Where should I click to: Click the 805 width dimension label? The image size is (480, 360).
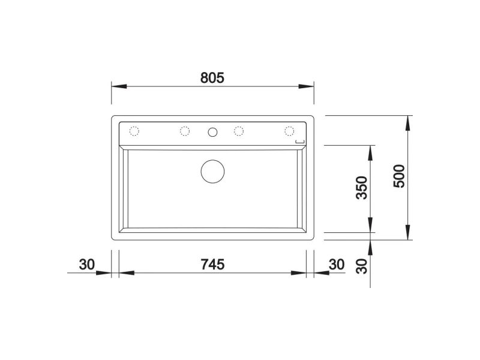212,78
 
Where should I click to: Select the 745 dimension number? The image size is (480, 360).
212,264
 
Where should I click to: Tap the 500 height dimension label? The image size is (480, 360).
399,176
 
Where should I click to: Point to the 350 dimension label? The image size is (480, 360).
362,188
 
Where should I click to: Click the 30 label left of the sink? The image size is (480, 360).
87,265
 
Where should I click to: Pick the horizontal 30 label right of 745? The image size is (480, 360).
337,265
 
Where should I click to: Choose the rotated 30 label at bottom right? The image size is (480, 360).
362,266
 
